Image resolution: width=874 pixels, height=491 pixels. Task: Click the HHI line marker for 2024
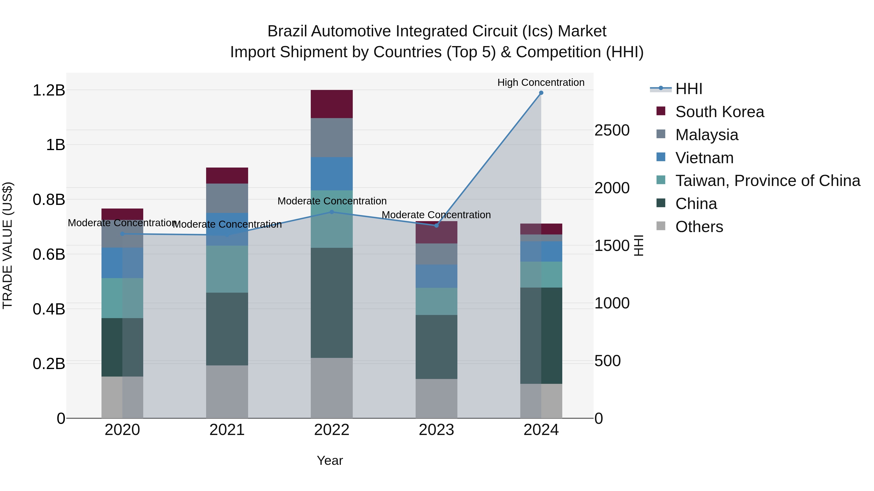[541, 93]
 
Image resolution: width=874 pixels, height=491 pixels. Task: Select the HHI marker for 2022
[332, 212]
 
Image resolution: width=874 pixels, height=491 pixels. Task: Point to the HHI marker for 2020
[123, 234]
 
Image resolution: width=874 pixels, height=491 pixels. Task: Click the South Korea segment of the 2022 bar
[332, 104]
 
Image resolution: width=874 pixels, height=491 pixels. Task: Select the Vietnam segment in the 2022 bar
[332, 174]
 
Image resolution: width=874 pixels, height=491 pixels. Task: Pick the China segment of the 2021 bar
[227, 329]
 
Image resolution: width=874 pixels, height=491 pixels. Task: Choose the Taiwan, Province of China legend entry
[767, 181]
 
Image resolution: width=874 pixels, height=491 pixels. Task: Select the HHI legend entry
[689, 89]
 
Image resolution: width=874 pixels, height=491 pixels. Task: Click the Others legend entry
[699, 227]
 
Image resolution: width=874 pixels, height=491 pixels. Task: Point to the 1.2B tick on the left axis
[49, 90]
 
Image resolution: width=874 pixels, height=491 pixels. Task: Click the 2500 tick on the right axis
[612, 130]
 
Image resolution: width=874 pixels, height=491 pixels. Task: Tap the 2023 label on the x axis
[436, 430]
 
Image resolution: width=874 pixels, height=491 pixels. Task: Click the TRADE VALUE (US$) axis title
[8, 245]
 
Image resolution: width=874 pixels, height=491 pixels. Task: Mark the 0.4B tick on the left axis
[49, 309]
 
